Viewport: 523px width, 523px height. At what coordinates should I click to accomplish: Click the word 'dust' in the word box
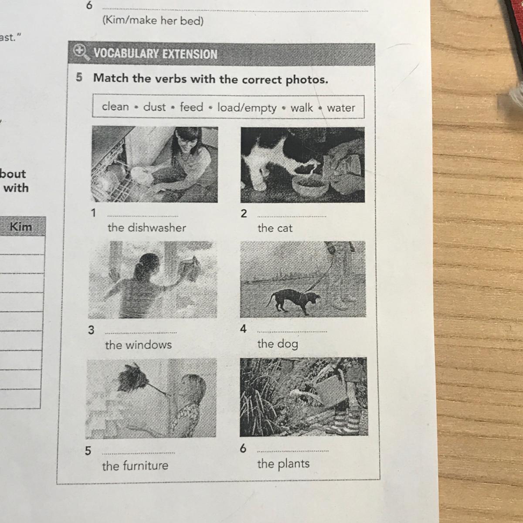[x=154, y=107]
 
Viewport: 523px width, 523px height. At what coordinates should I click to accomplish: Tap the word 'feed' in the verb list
[x=191, y=107]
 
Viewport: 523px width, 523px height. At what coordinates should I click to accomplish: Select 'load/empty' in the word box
[x=247, y=108]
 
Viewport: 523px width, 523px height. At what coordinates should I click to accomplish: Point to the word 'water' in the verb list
[x=341, y=108]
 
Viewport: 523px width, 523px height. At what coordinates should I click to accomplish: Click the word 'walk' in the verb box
[x=302, y=108]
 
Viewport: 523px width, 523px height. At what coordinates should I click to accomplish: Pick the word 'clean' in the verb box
[x=115, y=106]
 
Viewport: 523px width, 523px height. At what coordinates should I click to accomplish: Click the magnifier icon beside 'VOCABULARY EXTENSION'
[x=82, y=52]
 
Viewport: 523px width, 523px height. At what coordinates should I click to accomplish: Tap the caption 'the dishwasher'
[x=146, y=228]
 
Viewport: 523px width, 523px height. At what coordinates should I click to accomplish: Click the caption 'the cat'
[x=275, y=228]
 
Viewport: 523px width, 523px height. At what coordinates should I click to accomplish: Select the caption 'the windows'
[x=139, y=345]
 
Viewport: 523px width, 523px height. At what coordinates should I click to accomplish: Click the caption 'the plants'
[x=283, y=464]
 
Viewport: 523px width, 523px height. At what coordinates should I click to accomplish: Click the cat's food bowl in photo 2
[x=310, y=185]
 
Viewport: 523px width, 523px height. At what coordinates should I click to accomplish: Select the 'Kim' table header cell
[x=21, y=226]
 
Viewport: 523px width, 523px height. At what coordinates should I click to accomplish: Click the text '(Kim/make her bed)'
[x=153, y=21]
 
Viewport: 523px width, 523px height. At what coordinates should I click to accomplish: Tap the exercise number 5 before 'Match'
[x=79, y=77]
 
